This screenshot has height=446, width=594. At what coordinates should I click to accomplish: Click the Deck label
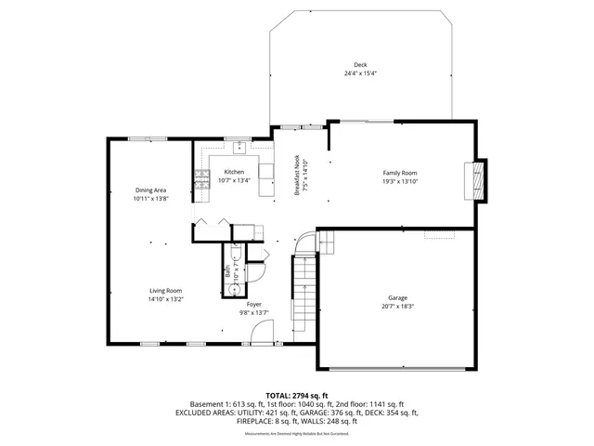[x=360, y=65]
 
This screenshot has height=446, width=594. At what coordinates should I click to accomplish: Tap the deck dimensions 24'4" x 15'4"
[x=360, y=73]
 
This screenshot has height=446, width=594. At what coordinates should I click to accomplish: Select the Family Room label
[x=400, y=173]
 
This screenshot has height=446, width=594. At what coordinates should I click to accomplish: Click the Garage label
[x=397, y=297]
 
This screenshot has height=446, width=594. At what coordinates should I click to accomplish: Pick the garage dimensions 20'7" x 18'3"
[x=397, y=306]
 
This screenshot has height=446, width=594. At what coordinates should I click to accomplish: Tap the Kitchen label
[x=234, y=173]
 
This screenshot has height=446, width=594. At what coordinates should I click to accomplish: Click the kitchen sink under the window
[x=239, y=146]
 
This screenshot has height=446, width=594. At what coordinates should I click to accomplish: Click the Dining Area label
[x=149, y=190]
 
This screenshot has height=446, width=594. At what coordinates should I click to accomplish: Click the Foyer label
[x=253, y=305]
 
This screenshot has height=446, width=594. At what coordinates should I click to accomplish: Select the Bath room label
[x=227, y=271]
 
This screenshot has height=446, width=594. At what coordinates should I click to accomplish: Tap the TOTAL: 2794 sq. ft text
[x=297, y=396]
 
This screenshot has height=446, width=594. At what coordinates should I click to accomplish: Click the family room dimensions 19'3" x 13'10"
[x=400, y=181]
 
